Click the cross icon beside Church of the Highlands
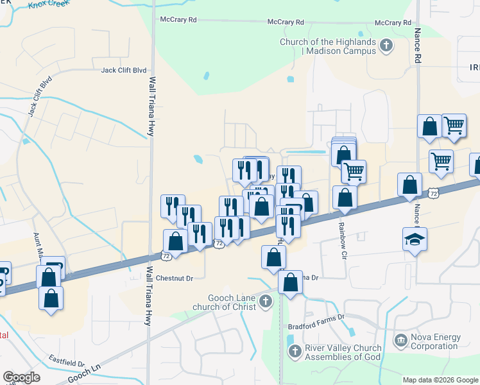click(386, 45)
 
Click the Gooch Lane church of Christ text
click(232, 302)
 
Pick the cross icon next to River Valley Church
click(295, 351)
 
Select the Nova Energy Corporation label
click(436, 341)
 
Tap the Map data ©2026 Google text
click(440, 380)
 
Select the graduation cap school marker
click(415, 240)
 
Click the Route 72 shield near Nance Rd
click(434, 192)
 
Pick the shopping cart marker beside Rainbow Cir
click(354, 171)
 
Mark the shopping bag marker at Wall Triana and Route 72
click(175, 242)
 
